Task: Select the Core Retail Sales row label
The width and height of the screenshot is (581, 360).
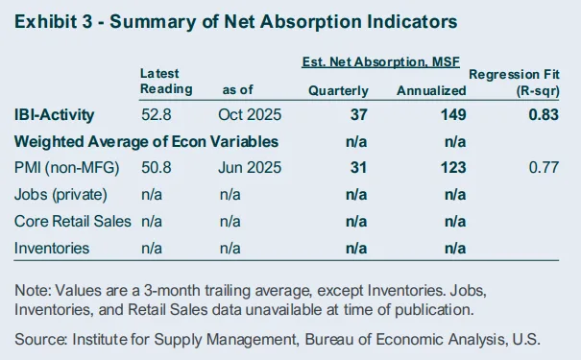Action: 73,222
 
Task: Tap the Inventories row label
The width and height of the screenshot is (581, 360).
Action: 52,248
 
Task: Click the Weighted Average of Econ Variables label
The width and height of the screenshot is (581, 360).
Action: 146,142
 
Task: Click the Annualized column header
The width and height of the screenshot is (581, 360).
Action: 430,90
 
